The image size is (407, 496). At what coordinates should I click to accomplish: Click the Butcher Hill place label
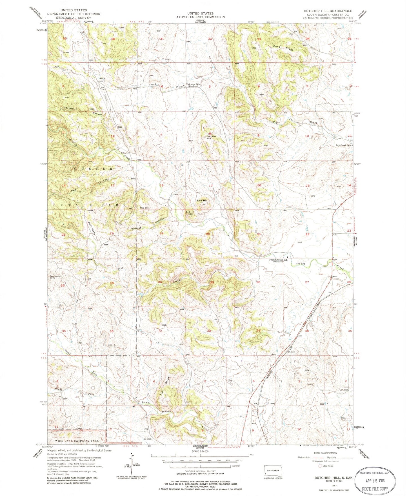click(211, 138)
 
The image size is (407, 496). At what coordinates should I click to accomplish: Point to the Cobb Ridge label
click(283, 48)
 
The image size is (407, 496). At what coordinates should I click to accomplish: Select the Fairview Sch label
click(193, 84)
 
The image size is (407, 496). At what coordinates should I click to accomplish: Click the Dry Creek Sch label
click(343, 145)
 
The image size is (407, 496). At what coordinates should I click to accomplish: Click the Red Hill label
click(144, 208)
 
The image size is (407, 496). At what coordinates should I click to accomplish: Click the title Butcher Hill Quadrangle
click(328, 11)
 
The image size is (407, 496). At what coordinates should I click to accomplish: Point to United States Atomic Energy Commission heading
click(200, 15)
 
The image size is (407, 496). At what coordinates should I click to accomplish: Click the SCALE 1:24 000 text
click(200, 450)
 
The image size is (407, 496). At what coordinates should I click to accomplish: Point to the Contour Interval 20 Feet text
click(200, 471)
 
